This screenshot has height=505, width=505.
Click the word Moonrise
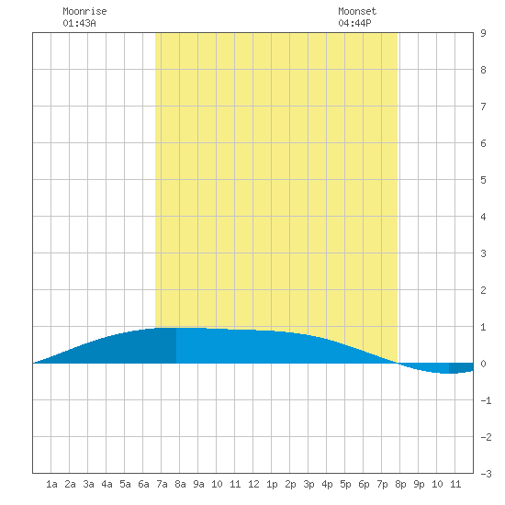point(84,11)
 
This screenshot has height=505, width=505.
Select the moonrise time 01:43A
point(79,23)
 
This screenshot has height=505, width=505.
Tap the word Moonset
point(357,11)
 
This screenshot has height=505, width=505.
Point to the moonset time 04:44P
point(354,23)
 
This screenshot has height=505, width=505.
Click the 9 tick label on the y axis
point(483,33)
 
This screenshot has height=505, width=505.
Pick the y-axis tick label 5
point(483,180)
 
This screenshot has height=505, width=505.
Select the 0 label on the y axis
point(483,364)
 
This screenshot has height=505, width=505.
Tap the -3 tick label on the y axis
point(486,474)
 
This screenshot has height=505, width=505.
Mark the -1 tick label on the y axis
point(486,400)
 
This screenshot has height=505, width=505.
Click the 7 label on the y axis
point(483,107)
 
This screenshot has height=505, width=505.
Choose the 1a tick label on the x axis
point(51,484)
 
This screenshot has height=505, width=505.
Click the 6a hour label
point(143,484)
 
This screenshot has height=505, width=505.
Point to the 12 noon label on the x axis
point(253,484)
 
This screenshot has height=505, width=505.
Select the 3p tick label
point(309,484)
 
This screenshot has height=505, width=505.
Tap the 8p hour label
point(400,484)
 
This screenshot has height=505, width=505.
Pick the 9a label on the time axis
point(198,484)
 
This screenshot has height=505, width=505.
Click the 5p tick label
point(345,484)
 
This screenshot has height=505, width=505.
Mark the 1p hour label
point(272,484)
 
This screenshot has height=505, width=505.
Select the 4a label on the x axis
point(107,484)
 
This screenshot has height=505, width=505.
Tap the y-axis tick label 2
point(483,290)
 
